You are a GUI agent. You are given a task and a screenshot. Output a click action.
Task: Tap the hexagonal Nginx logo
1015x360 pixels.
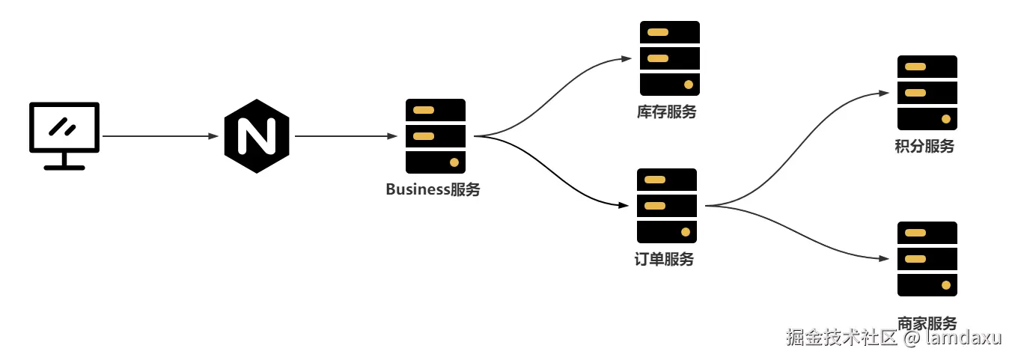[257, 136]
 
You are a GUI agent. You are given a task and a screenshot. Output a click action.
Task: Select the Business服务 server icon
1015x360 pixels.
[436, 136]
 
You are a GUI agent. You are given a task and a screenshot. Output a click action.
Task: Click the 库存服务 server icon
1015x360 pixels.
[670, 58]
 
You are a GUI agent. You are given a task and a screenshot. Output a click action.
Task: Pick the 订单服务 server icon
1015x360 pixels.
[666, 206]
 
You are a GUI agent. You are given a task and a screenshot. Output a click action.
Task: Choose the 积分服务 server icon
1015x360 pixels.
[927, 93]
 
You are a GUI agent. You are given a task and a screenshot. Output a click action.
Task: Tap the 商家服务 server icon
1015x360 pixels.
[927, 258]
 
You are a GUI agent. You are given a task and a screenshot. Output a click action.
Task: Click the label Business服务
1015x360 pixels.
[433, 189]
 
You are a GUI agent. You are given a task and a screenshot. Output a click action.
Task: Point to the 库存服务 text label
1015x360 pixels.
[666, 112]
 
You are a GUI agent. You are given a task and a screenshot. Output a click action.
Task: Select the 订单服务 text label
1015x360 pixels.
[664, 259]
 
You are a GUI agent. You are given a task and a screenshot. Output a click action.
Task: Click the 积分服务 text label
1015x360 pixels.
[924, 146]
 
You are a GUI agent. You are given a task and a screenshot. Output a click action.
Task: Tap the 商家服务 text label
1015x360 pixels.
[927, 323]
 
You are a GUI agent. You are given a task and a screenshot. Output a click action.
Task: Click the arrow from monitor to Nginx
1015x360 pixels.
[160, 136]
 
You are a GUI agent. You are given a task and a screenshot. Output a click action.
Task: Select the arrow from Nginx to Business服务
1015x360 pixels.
[346, 136]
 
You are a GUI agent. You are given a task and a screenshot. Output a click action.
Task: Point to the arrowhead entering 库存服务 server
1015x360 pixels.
[627, 58]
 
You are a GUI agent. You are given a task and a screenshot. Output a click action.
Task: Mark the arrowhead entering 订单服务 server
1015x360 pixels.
[624, 205]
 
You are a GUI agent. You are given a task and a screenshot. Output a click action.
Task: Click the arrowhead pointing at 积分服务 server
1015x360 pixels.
[884, 94]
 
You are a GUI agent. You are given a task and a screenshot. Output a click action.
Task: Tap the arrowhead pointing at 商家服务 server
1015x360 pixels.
[884, 258]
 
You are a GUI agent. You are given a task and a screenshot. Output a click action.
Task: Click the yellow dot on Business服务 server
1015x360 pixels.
[454, 162]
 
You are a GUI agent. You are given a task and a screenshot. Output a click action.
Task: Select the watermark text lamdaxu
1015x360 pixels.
[963, 338]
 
